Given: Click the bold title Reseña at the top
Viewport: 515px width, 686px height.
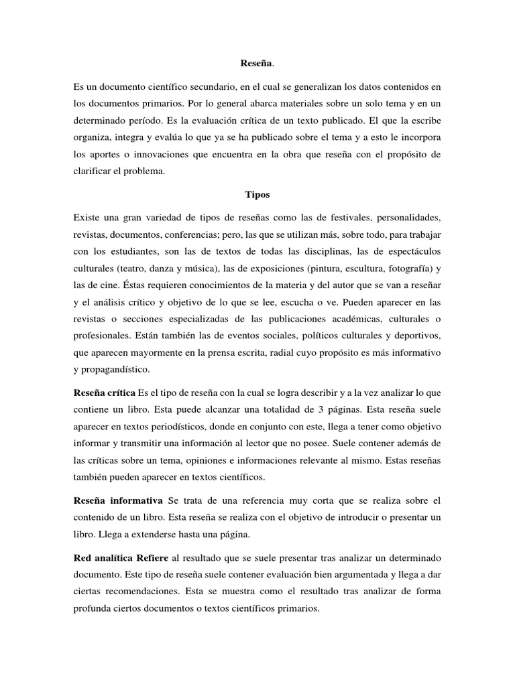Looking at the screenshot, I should click(256, 64).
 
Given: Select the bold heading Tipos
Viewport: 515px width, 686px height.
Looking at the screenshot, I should click(257, 194).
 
